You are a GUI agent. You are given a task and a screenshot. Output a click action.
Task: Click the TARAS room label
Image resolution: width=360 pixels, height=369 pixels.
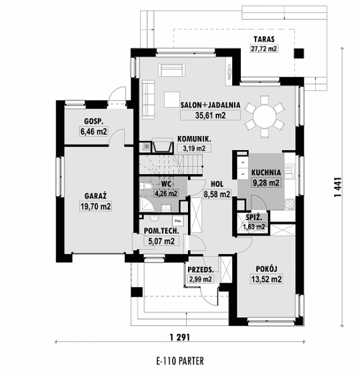click(265, 39)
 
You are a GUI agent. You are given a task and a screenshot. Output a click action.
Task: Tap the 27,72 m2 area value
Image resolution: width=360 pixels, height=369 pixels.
click(265, 49)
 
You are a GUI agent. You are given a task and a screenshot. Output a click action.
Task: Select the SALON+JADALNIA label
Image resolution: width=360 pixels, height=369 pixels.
click(210, 105)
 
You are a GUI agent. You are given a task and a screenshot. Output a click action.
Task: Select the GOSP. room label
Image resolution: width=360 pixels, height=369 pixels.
click(94, 121)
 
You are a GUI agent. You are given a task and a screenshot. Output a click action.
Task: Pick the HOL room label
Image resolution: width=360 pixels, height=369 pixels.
click(216, 184)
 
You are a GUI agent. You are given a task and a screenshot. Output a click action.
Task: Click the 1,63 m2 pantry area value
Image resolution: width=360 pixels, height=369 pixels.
click(254, 227)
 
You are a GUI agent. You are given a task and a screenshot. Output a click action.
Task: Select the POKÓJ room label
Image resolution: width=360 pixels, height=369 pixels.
click(266, 268)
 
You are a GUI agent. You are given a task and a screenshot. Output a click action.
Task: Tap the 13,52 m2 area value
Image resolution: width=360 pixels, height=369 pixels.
click(266, 279)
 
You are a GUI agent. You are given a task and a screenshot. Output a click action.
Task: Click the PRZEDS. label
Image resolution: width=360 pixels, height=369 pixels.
click(200, 270)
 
